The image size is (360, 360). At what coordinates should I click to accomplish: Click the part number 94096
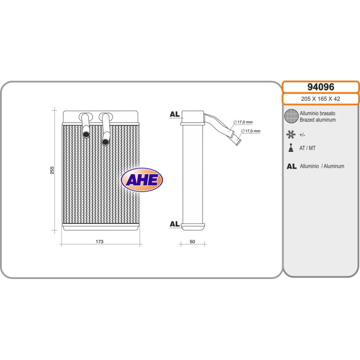320,87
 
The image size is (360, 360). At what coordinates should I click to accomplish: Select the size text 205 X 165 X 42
320,99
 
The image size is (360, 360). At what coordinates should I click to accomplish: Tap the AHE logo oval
142,180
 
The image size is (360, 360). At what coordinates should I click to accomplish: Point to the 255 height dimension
52,171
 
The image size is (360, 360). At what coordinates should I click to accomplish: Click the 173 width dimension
100,242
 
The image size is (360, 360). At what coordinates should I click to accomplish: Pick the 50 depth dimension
192,242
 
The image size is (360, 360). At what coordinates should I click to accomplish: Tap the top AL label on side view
175,114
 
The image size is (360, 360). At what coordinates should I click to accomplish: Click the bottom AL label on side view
175,224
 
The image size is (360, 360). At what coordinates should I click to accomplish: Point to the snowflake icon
291,134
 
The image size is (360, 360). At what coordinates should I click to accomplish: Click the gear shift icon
291,148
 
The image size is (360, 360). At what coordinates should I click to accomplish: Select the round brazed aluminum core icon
291,117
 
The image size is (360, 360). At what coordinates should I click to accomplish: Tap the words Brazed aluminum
318,120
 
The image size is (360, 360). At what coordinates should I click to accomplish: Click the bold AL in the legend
291,166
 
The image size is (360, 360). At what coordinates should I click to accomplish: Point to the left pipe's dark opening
85,133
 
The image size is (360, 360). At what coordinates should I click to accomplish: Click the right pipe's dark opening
105,142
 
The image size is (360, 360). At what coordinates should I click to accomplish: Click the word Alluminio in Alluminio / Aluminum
310,166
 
